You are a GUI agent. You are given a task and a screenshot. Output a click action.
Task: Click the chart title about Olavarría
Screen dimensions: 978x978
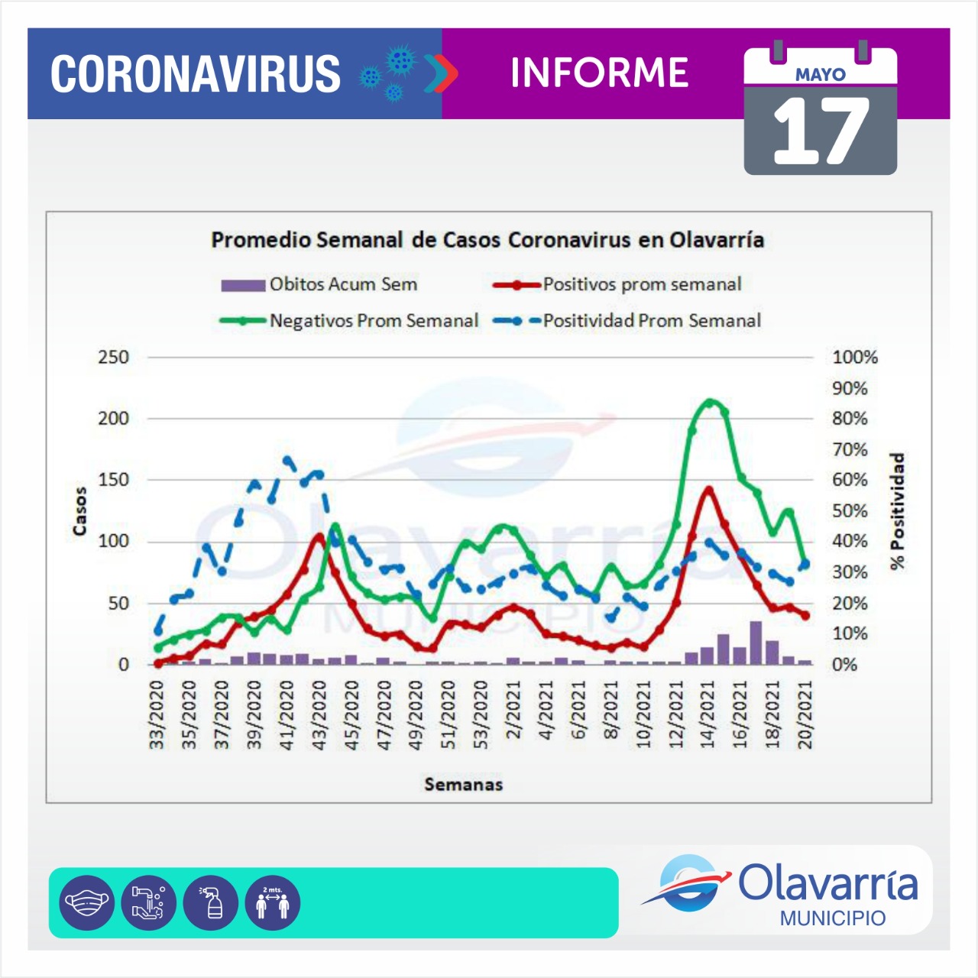click(487, 240)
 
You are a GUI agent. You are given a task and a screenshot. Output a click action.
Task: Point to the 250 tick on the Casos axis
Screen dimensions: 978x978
click(113, 357)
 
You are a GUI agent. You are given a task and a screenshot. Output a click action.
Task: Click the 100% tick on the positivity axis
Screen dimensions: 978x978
click(855, 357)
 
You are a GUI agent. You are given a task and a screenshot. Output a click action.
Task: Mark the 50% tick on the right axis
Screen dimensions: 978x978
click(850, 510)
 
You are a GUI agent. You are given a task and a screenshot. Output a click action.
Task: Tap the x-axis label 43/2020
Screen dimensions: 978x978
click(319, 715)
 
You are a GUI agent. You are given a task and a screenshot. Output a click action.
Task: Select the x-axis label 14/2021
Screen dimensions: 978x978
click(708, 715)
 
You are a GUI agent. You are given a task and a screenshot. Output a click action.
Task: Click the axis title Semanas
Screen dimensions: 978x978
click(464, 784)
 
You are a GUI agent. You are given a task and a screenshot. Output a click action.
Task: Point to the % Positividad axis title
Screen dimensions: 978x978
click(897, 510)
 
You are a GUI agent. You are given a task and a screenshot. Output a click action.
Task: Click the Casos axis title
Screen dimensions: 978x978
click(80, 510)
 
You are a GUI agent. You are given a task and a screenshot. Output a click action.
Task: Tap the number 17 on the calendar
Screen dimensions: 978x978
click(821, 132)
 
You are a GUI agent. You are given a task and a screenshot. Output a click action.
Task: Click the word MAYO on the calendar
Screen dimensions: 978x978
click(821, 75)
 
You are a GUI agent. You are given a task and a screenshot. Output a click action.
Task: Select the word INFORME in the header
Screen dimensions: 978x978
click(599, 73)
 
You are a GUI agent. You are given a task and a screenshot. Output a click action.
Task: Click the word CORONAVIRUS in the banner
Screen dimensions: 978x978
click(196, 74)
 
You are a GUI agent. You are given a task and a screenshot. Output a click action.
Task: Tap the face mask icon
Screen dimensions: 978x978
click(87, 902)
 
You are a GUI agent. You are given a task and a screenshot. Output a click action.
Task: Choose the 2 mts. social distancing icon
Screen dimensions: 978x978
click(273, 902)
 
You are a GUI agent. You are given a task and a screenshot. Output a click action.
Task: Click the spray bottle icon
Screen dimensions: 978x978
click(211, 902)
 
